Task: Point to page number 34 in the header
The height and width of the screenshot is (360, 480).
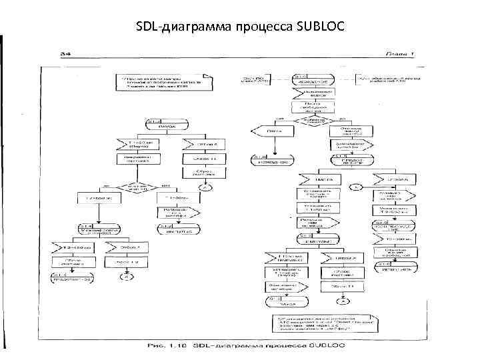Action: click(x=66, y=53)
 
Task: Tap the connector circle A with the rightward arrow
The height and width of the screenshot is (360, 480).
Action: click(x=357, y=186)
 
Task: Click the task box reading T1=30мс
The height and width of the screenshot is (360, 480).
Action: click(x=175, y=198)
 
